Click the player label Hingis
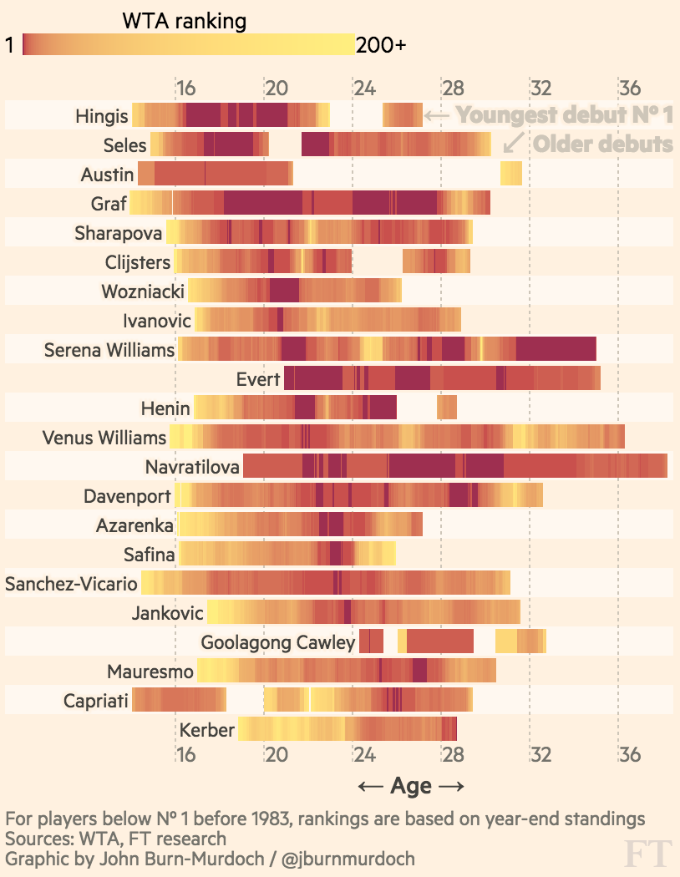coord(102,116)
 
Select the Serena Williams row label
coord(109,350)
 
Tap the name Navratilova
coord(192,467)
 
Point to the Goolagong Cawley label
coord(278,642)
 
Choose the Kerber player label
coord(207,730)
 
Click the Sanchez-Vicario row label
coord(71,584)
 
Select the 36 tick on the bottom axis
coord(630,755)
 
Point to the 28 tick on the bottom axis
coord(452,755)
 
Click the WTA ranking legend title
coord(184,21)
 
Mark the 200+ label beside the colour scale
coord(381,45)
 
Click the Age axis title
coord(410,786)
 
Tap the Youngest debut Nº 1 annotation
coord(565,114)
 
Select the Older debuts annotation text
coord(602,144)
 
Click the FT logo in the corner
coord(648,854)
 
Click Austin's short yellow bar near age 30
coord(511,174)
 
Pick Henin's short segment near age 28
coord(447,408)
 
